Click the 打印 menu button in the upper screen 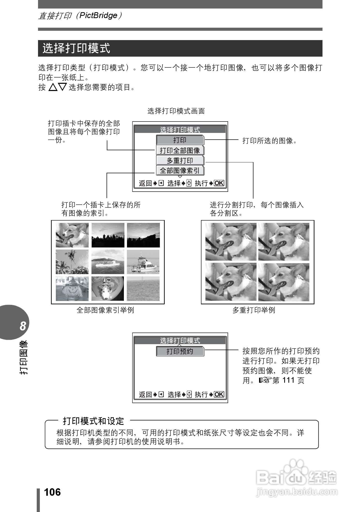click(x=180, y=140)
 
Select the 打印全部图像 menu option click(x=180, y=150)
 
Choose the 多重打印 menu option click(x=180, y=161)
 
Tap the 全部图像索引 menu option click(x=180, y=171)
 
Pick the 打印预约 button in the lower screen click(x=180, y=351)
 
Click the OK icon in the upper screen click(x=219, y=183)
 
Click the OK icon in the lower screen click(x=219, y=394)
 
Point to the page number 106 click(x=52, y=492)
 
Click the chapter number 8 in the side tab click(x=23, y=326)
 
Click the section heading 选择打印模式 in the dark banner click(x=76, y=48)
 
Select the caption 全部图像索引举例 click(x=105, y=310)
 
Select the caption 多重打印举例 click(x=254, y=310)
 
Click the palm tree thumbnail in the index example click(x=72, y=262)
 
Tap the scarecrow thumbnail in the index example click(x=72, y=289)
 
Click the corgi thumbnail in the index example click(x=72, y=235)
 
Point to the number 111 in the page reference click(x=288, y=380)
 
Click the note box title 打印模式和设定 click(x=94, y=421)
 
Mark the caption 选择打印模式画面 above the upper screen click(x=176, y=111)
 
